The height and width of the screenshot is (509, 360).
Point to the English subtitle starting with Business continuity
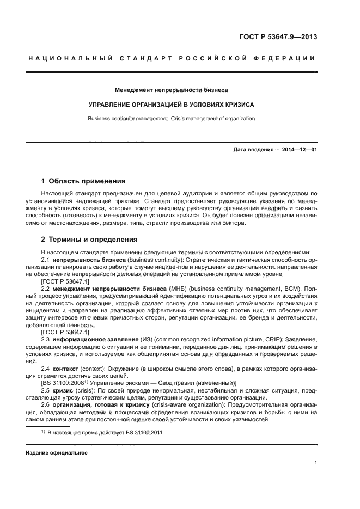[x=172, y=118]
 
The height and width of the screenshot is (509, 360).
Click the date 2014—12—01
[x=298, y=149]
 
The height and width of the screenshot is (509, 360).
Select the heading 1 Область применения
[x=83, y=181]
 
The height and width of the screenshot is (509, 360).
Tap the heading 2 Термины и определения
[x=90, y=240]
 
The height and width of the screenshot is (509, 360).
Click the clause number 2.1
[x=46, y=260]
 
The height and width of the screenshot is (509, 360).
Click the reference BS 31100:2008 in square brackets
[x=65, y=383]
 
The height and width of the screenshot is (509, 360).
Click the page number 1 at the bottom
[x=315, y=463]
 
